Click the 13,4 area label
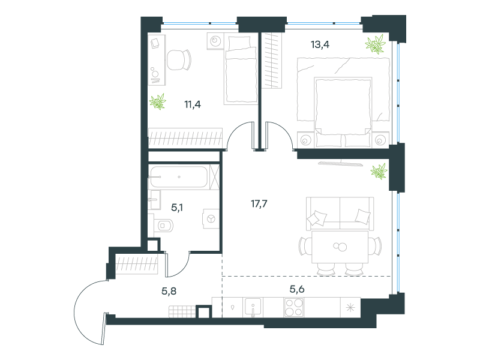(x=320, y=44)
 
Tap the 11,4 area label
(x=193, y=104)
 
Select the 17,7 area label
(x=259, y=203)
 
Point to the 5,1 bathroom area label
(x=177, y=208)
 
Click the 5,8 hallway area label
(x=169, y=291)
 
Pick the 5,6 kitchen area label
(x=297, y=289)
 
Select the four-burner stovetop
(x=294, y=307)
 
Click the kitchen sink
(x=253, y=307)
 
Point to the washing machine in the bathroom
(x=211, y=218)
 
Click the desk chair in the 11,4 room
(x=179, y=59)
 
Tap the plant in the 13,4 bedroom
(x=376, y=44)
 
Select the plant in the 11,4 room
(x=158, y=101)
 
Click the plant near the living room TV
(x=379, y=171)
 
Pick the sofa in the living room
(x=340, y=214)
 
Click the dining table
(x=340, y=247)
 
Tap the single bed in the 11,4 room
(x=241, y=69)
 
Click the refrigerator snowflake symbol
(x=350, y=307)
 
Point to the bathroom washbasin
(x=155, y=200)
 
